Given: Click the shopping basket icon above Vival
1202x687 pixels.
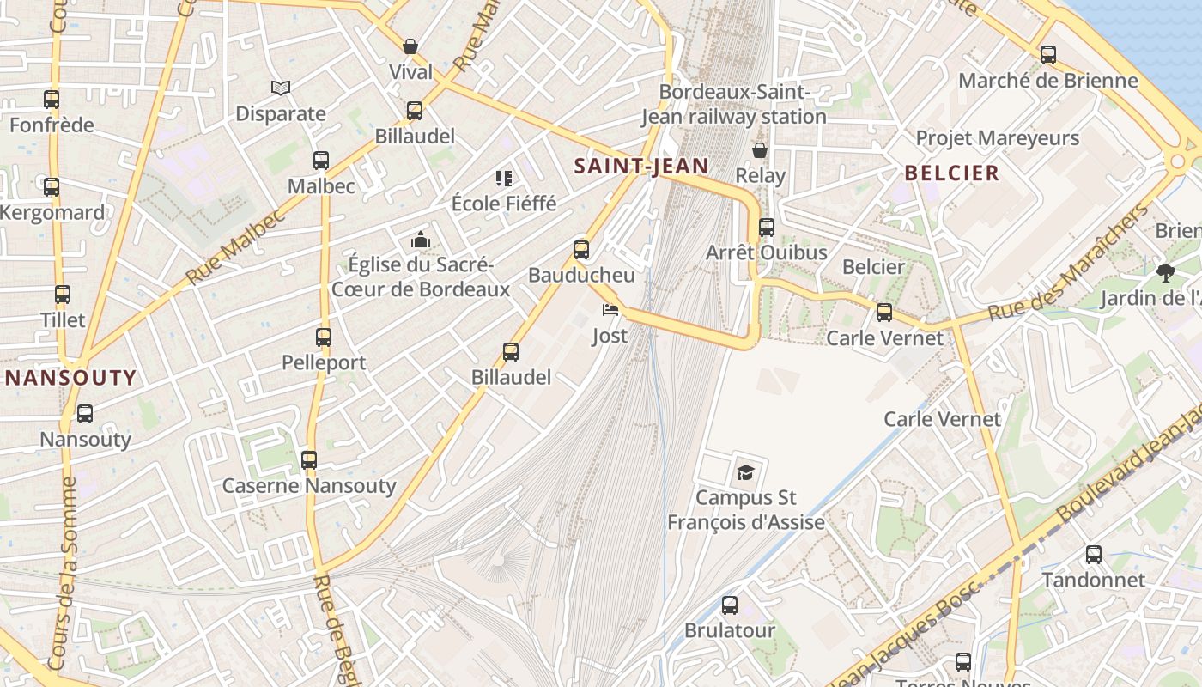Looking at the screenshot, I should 410,46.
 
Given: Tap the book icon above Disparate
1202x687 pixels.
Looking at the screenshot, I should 281,88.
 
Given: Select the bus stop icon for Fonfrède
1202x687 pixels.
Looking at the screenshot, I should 52,100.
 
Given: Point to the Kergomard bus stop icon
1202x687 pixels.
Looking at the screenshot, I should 52,187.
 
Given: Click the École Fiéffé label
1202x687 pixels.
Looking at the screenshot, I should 504,204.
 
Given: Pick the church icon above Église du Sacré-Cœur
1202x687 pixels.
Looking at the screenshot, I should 421,240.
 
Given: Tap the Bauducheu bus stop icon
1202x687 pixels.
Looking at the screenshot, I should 581,250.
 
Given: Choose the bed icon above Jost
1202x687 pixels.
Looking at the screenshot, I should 610,310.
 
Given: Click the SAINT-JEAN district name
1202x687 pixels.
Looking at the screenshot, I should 641,167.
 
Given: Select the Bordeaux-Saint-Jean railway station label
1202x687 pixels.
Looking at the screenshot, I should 734,104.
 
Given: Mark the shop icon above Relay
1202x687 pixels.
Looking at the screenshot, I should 760,150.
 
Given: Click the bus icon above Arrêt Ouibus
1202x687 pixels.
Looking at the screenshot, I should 767,228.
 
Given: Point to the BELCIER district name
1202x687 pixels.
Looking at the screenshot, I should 952,173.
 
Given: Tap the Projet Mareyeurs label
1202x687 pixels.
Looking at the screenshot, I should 997,137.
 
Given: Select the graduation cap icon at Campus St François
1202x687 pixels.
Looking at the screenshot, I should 745,472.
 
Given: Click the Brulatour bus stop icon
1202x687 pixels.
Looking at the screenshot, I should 730,605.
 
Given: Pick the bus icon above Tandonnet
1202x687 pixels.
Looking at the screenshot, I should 1094,555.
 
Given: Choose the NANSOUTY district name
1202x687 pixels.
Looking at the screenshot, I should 71,378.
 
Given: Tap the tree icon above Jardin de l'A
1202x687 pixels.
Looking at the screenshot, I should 1165,273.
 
